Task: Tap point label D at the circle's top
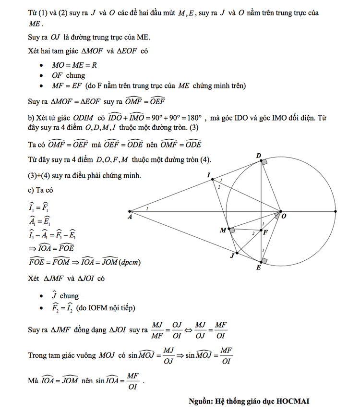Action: (x=259, y=155)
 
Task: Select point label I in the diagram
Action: (x=209, y=176)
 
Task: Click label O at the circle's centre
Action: (x=284, y=217)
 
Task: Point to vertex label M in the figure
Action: (x=223, y=231)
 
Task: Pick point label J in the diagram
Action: (x=232, y=256)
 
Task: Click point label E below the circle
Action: (x=259, y=267)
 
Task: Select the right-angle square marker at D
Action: (x=264, y=163)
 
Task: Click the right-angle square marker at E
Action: (x=264, y=260)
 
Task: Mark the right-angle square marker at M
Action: (x=232, y=231)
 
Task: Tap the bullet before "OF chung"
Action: (x=42, y=76)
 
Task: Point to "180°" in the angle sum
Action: (x=196, y=118)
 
